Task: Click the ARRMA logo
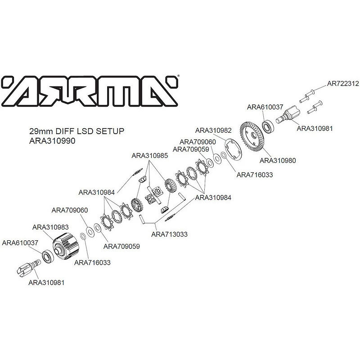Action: [90, 91]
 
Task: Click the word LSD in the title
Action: [85, 131]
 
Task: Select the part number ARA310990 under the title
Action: [52, 141]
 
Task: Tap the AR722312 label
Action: [343, 83]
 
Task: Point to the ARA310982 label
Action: [213, 130]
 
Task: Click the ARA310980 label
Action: [278, 160]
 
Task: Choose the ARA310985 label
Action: [150, 155]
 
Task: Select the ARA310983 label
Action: [50, 227]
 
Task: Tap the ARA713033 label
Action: [170, 234]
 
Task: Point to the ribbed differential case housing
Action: [66, 246]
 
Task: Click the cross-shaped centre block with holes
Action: [154, 195]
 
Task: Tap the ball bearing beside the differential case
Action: [48, 256]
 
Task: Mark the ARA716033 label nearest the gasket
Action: [255, 175]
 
